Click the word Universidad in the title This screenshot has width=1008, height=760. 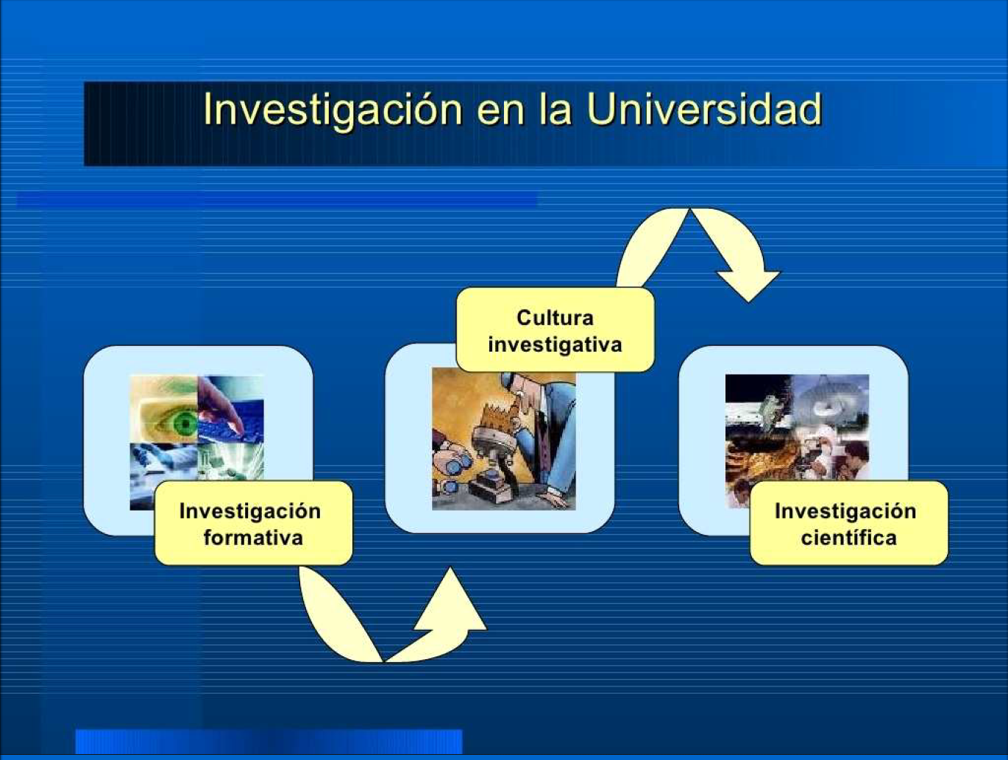705,110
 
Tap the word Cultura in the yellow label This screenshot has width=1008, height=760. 555,318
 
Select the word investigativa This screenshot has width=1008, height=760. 555,345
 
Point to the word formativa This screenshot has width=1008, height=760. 253,538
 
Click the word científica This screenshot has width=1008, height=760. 848,538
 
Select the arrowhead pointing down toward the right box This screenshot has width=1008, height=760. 748,285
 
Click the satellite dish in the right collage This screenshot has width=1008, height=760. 831,399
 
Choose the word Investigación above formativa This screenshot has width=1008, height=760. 250,511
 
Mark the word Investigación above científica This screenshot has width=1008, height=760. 845,511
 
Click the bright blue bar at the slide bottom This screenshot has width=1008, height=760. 269,742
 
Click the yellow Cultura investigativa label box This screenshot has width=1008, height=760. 555,330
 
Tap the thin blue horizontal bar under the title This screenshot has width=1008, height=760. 277,200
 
